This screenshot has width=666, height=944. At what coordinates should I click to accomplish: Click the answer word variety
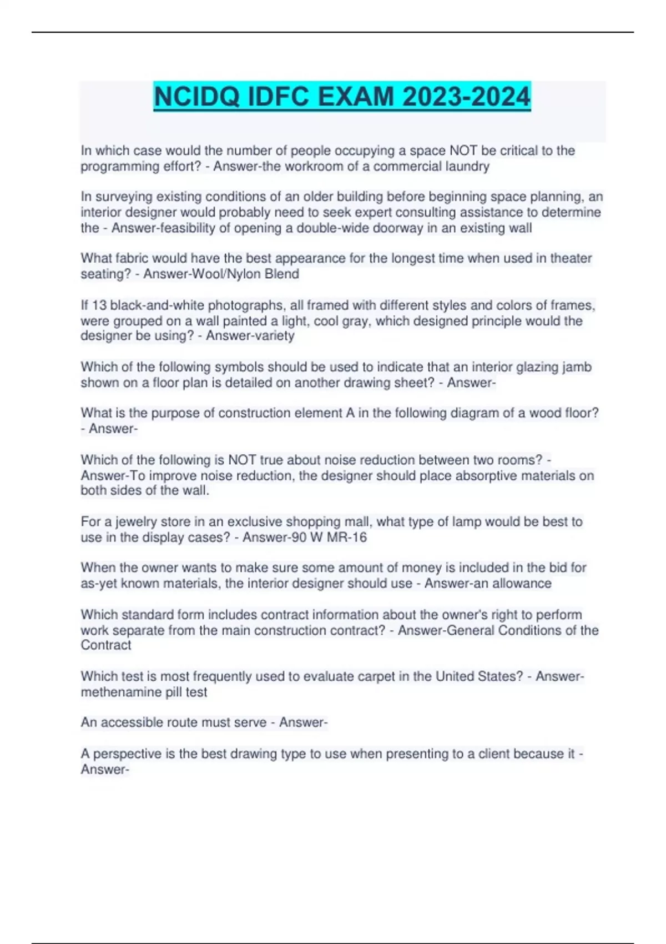272,336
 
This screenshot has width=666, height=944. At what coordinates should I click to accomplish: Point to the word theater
571,259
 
